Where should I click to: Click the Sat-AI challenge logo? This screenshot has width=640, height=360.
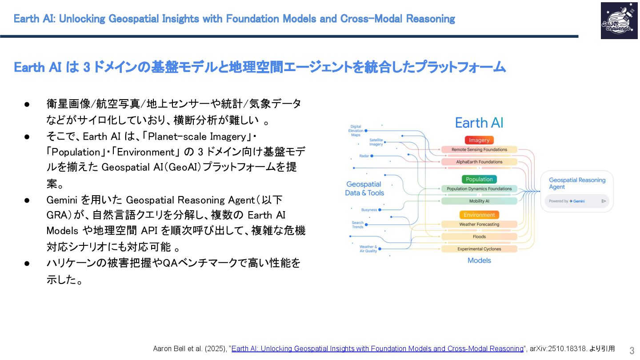(619, 20)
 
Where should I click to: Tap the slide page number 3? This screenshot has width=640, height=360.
(632, 350)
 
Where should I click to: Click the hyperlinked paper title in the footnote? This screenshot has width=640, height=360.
(377, 349)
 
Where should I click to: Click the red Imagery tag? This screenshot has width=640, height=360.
(479, 140)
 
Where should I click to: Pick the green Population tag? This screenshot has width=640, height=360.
(479, 179)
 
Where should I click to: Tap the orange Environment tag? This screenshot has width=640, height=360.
(479, 215)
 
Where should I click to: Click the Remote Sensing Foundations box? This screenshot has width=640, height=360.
(479, 150)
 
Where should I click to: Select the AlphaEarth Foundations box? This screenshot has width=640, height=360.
(479, 162)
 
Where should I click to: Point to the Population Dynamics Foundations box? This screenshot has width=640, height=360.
(479, 189)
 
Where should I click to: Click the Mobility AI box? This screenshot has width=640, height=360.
(479, 201)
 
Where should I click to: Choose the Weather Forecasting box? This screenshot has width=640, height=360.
(479, 224)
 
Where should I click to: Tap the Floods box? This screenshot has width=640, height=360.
(479, 236)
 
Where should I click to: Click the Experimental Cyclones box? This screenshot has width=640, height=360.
(479, 249)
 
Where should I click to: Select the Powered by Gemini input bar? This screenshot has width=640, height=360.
(577, 201)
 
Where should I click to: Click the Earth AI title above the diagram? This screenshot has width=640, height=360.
(479, 123)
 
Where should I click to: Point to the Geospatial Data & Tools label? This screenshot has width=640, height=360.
(364, 188)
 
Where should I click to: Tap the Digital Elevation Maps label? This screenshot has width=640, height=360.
(356, 131)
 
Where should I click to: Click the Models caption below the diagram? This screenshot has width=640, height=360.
(479, 260)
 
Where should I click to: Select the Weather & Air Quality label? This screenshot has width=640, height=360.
(368, 249)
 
